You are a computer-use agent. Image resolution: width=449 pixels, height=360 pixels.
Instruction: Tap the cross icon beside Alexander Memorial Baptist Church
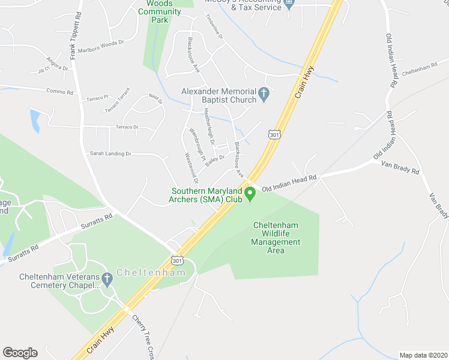(264, 95)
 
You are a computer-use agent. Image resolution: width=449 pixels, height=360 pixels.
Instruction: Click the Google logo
(20, 353)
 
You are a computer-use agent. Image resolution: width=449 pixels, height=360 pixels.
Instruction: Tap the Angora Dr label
(57, 64)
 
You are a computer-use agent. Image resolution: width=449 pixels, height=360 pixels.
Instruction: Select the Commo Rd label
(60, 92)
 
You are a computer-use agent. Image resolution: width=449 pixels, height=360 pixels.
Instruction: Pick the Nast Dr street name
(155, 98)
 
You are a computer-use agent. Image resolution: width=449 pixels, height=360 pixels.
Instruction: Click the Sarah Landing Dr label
(110, 154)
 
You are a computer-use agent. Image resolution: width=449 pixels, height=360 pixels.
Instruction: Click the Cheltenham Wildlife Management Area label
(276, 238)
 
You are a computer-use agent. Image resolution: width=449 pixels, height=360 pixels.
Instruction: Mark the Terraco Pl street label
(97, 97)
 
